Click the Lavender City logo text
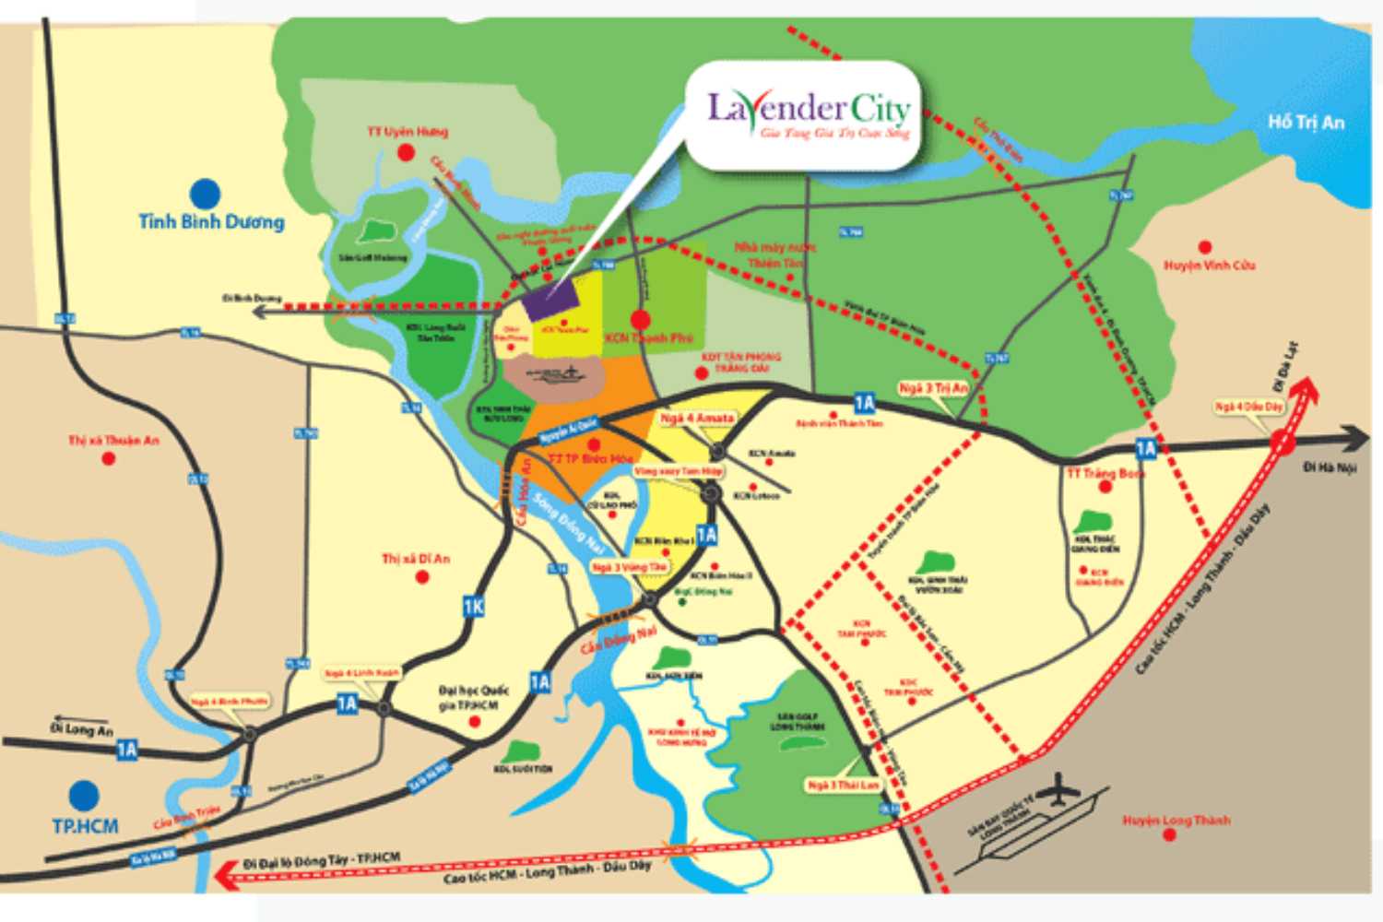pos(808,111)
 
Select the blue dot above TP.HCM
pos(84,795)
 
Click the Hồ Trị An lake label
pos(1306,123)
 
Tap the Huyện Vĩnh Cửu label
pos(1209,266)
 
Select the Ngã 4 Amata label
pos(697,419)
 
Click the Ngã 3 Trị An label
pos(933,388)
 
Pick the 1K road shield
pos(473,606)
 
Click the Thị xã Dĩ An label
pos(416,559)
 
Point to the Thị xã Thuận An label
pos(113,441)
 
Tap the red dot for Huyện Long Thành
pos(1169,835)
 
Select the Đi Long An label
pos(81,729)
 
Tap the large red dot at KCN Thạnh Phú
pos(640,320)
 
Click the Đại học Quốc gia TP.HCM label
pos(474,698)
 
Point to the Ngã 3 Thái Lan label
pos(843,785)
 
